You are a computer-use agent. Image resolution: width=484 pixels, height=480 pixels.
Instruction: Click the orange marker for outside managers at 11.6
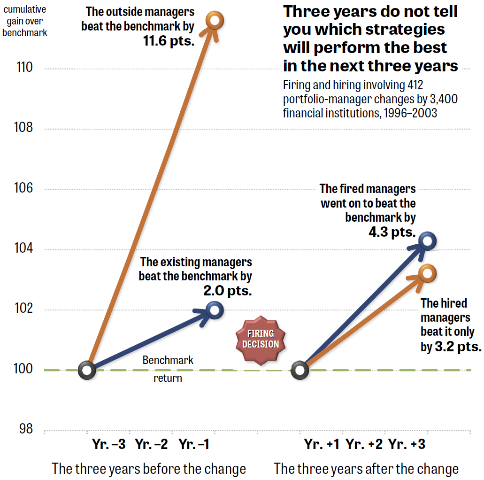point(215,21)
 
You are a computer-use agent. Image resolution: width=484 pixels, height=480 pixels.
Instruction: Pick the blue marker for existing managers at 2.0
point(215,310)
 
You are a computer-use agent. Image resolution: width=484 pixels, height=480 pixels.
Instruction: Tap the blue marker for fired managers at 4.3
point(427,241)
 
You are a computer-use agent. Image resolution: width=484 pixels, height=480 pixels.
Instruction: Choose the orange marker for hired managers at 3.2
point(427,273)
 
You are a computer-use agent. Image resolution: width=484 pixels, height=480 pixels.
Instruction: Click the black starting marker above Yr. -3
point(87,370)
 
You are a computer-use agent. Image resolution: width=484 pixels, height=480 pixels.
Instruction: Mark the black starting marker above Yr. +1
point(300,370)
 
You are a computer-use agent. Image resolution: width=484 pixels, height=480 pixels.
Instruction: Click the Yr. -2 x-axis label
point(151,444)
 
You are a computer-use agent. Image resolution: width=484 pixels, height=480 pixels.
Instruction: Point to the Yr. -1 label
point(194,444)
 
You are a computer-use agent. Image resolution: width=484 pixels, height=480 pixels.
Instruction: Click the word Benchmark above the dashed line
point(168,360)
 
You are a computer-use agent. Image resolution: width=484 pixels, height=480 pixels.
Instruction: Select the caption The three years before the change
point(149,469)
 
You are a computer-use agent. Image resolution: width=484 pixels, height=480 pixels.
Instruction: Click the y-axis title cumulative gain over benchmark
point(25,21)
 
